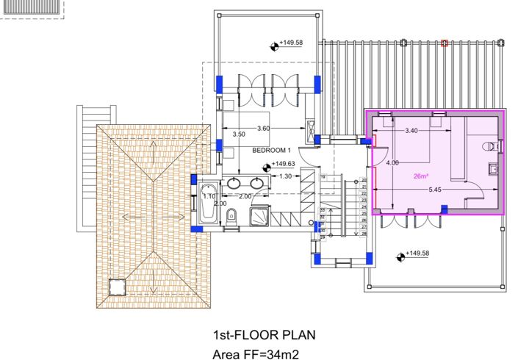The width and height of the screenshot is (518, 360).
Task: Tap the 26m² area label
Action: [x=421, y=176]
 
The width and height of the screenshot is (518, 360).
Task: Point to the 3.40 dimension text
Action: [x=412, y=130]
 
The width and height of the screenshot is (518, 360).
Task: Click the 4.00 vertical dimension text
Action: [x=392, y=162]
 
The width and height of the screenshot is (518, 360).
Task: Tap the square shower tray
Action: [x=259, y=215]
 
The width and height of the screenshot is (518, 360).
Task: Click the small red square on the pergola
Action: [x=444, y=43]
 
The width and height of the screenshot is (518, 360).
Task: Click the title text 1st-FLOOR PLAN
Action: [x=264, y=335]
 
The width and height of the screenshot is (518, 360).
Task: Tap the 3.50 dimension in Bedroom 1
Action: [x=238, y=134]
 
